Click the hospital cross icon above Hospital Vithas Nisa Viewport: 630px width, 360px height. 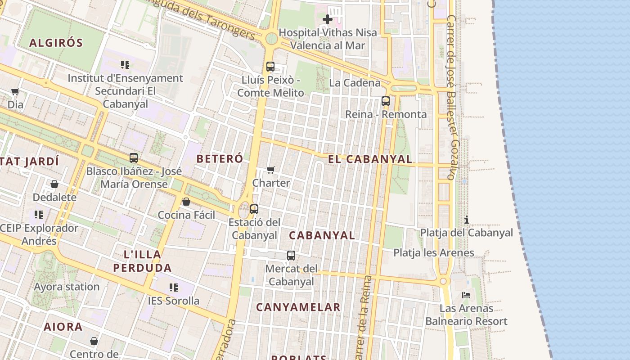click(328, 19)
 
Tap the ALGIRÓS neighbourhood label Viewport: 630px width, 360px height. click(56, 43)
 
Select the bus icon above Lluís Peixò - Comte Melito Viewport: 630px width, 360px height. click(270, 67)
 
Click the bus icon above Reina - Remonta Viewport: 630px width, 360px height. click(386, 101)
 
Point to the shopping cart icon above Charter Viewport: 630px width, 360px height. click(271, 170)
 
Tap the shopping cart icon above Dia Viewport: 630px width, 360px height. click(15, 92)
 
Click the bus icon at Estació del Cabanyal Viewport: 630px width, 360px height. click(254, 209)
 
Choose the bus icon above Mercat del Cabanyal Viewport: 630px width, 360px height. click(291, 256)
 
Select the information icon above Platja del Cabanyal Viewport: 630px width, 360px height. click(467, 220)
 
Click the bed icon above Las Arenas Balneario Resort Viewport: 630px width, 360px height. click(466, 295)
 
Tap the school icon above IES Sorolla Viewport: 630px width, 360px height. click(174, 287)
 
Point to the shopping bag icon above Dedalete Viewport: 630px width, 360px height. click(54, 184)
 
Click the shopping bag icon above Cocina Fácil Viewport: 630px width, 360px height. click(186, 202)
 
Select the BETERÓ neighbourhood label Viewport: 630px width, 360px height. click(220, 159)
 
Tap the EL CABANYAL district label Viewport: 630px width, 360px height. click(370, 159)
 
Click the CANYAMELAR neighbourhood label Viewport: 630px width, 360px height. click(298, 308)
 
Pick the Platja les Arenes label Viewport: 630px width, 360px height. click(434, 253)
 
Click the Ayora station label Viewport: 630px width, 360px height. click(67, 287)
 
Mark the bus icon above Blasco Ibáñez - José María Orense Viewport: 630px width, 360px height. click(134, 158)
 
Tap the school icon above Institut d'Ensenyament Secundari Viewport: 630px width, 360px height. click(125, 65)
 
